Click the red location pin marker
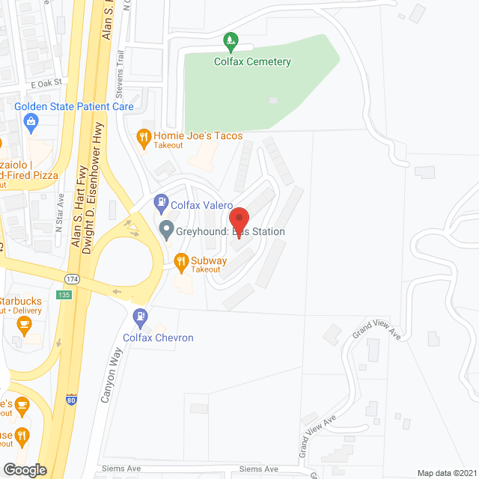point(239,219)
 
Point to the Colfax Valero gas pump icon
point(160,201)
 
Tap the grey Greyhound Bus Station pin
point(166,231)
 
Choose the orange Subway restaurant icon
point(180,261)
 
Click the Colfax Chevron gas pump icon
point(139,317)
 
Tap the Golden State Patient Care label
point(74,107)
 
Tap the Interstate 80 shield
point(72,400)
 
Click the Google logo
point(24,469)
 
